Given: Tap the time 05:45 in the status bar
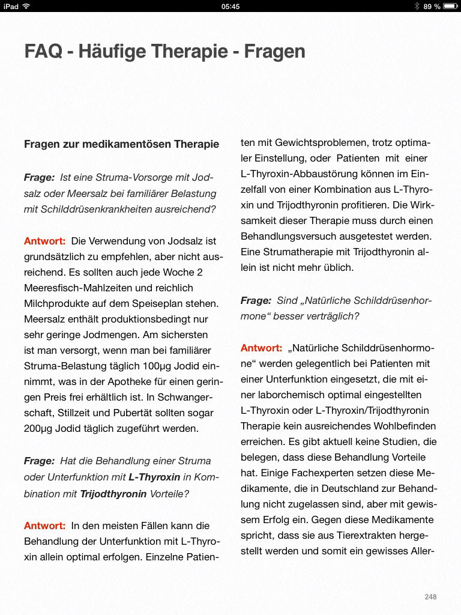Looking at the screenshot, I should tap(230, 6).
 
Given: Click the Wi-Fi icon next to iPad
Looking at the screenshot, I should tap(26, 6).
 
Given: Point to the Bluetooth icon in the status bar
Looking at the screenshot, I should tap(417, 6).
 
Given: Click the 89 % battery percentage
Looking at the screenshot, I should tap(432, 6).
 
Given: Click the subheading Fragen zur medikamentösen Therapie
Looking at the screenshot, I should tap(121, 144).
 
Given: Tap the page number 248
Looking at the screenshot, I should tap(430, 596).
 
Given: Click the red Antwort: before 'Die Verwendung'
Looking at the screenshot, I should tap(44, 241).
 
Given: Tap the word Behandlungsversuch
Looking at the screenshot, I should tap(290, 237).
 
